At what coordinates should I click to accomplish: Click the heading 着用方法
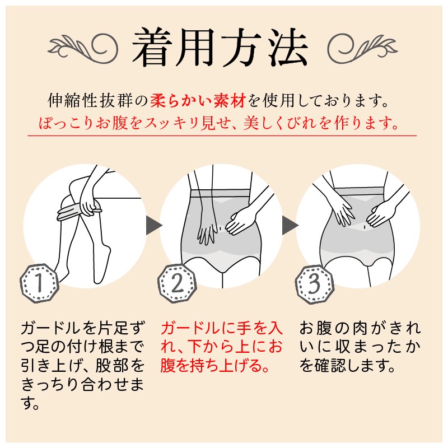220,48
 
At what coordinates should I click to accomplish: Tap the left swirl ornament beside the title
83,48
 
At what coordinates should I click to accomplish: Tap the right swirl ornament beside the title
362,48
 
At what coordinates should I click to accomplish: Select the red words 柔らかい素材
198,101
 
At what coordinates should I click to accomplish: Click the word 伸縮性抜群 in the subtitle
90,101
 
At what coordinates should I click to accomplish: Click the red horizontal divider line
222,136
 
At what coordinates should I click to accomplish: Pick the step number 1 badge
39,283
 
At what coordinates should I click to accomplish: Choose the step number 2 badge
177,283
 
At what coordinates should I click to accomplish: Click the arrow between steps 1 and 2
154,226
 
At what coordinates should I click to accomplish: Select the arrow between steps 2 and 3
290,226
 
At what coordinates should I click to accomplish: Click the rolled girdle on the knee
78,212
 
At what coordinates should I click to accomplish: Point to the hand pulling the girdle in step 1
88,205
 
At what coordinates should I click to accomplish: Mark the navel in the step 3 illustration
365,227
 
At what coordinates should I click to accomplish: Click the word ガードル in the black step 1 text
50,328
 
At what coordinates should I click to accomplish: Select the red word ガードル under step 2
190,328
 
